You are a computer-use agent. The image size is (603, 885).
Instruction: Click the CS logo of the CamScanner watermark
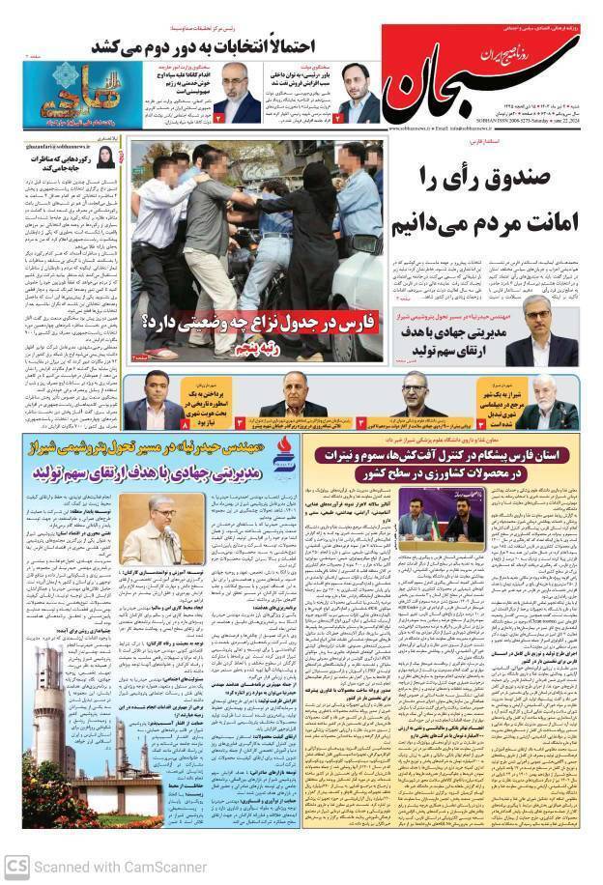click(16, 866)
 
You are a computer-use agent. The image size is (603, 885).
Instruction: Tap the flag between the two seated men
click(435, 522)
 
